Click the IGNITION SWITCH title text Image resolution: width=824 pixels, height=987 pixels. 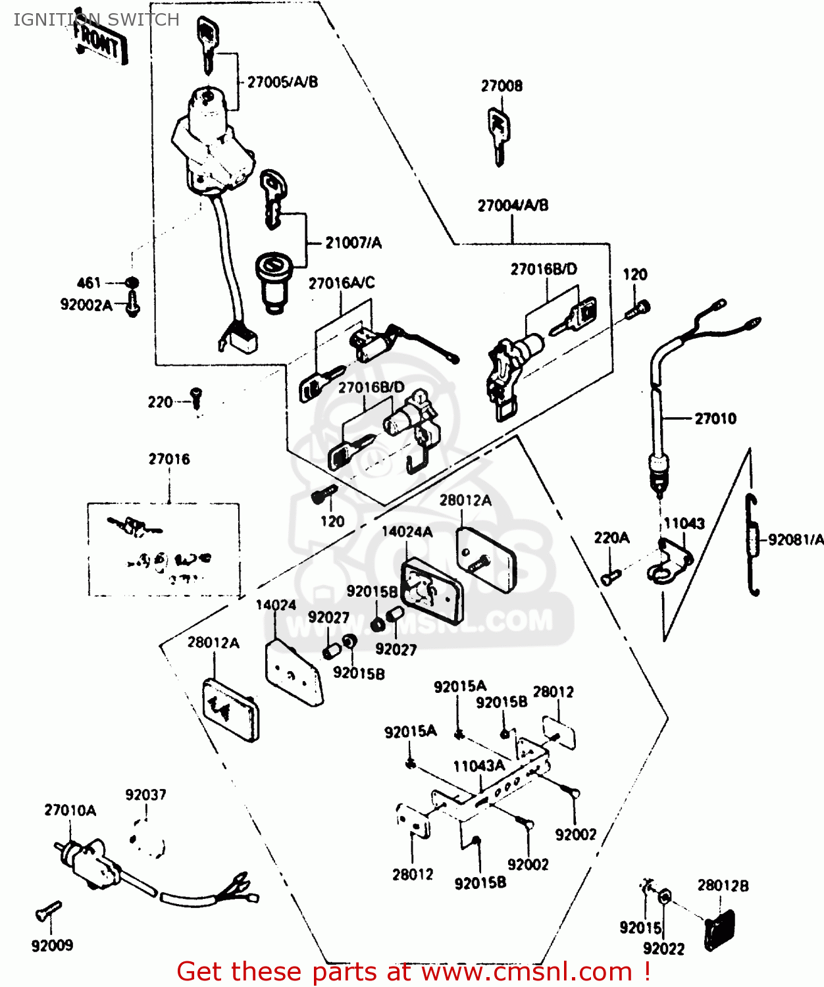96,20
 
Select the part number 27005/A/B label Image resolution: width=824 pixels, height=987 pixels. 282,82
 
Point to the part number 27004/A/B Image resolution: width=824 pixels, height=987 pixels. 513,205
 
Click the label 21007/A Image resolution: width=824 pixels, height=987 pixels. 353,243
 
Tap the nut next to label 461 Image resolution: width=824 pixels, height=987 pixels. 132,283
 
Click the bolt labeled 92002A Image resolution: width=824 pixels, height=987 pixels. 132,305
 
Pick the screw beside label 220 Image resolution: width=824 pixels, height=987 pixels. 196,398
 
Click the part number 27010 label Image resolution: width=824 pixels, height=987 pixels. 715,418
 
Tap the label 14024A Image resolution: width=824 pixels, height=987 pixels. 407,532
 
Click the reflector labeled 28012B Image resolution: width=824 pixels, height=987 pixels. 719,930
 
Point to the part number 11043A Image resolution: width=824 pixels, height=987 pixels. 479,766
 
